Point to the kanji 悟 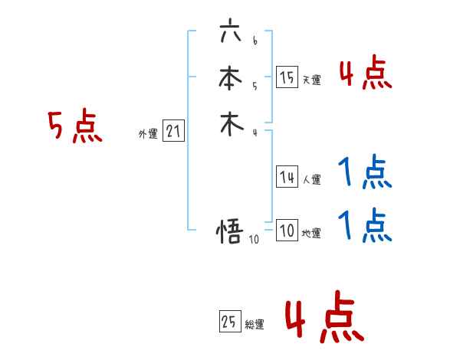pos(231,231)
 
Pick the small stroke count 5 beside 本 pos(255,86)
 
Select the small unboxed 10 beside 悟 pos(254,239)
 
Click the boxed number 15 pos(287,77)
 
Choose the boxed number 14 pos(287,177)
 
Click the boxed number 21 pos(174,131)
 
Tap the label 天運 pos(312,80)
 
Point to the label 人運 pos(312,181)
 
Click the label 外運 pos(148,134)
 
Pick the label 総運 pos(255,325)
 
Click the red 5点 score pos(75,126)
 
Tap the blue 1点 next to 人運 pos(365,173)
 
